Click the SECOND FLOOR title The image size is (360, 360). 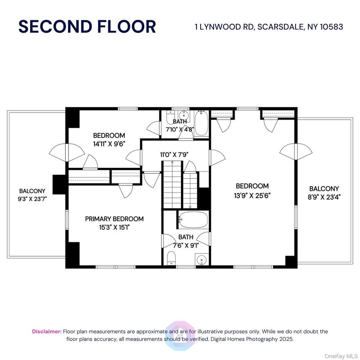pos(87,26)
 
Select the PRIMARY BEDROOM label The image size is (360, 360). pos(114,219)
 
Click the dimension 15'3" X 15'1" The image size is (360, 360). pos(114,227)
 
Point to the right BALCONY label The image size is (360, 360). pos(324,189)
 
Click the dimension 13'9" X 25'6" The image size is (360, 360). pos(252,195)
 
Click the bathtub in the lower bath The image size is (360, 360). pos(193,220)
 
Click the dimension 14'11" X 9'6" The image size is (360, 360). pos(109,144)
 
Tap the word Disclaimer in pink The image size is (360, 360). pos(46,331)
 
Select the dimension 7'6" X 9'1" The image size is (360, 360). pos(185,245)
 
